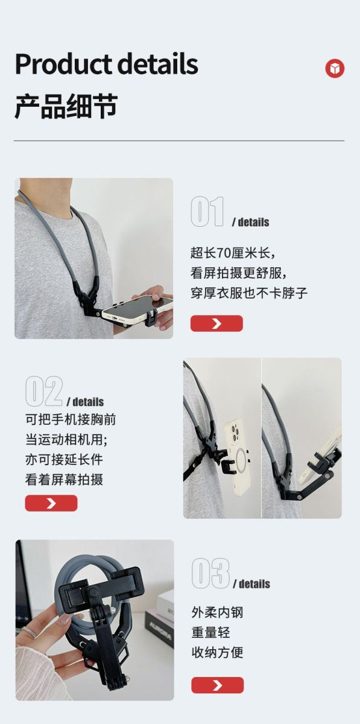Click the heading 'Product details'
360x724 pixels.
[x=106, y=64]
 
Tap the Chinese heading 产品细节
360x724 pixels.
[x=66, y=106]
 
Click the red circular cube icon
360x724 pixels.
[x=335, y=68]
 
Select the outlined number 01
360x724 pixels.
[x=207, y=212]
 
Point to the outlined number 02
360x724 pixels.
[x=44, y=391]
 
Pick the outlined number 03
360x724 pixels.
[x=210, y=573]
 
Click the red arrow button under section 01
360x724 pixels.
[x=216, y=323]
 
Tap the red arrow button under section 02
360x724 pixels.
[x=51, y=503]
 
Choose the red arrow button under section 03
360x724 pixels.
[x=218, y=685]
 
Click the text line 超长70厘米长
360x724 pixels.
[x=233, y=252]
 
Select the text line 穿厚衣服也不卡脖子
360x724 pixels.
[x=249, y=293]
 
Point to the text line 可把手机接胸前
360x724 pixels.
[x=71, y=419]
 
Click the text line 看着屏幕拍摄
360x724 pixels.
[x=64, y=479]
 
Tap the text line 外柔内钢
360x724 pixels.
[x=217, y=612]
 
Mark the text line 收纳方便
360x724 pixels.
[x=217, y=652]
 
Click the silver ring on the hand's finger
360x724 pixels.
[x=28, y=631]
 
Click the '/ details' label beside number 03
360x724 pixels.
[x=251, y=584]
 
